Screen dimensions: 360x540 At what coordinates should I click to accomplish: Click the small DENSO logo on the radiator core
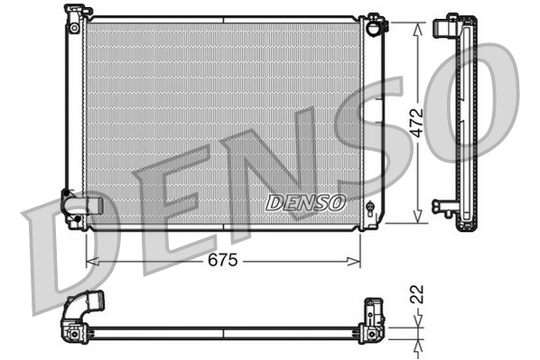[x=306, y=202]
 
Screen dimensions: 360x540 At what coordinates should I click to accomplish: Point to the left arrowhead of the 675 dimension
[x=90, y=262]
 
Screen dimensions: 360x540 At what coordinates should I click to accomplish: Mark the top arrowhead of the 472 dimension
[x=416, y=28]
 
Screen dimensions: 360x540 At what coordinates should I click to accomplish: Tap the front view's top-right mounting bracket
[x=374, y=22]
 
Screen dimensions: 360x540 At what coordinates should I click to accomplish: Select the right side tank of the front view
[x=369, y=117]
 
